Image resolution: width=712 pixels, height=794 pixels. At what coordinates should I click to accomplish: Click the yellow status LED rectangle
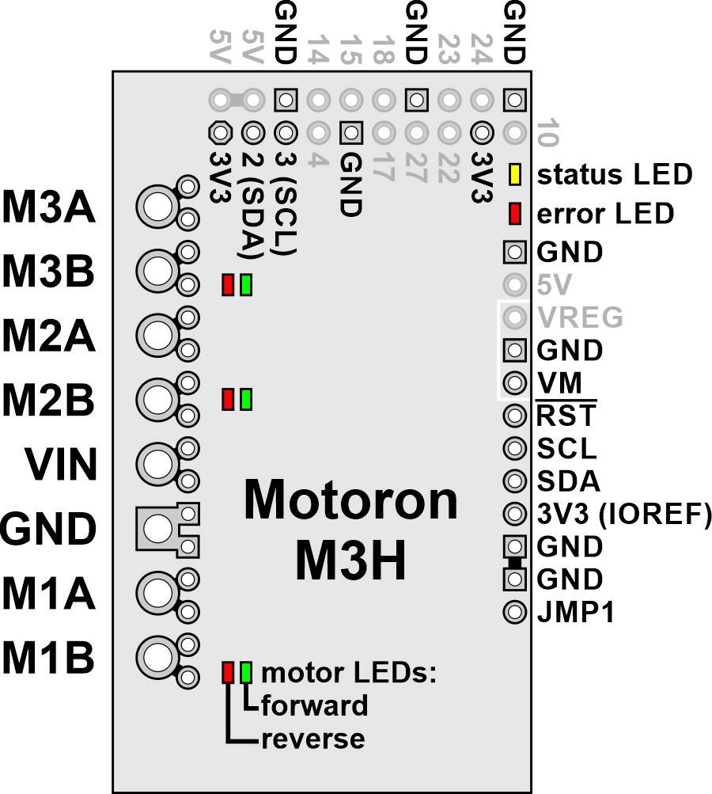[515, 175]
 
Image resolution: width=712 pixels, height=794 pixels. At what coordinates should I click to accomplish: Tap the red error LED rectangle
[515, 214]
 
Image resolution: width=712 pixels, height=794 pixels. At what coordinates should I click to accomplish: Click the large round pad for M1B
[157, 655]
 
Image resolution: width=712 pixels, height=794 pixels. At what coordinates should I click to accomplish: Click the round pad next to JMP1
[515, 611]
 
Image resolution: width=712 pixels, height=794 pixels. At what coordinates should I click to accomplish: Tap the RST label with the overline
[566, 416]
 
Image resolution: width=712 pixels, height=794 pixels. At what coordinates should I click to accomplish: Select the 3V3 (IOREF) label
[623, 515]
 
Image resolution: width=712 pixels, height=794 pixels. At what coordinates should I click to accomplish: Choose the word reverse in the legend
[312, 739]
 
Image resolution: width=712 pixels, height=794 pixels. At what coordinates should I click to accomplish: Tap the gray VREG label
[580, 317]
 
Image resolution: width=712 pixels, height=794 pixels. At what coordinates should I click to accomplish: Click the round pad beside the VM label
[515, 383]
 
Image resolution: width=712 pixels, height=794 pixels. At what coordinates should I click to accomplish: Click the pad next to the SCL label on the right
[515, 449]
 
